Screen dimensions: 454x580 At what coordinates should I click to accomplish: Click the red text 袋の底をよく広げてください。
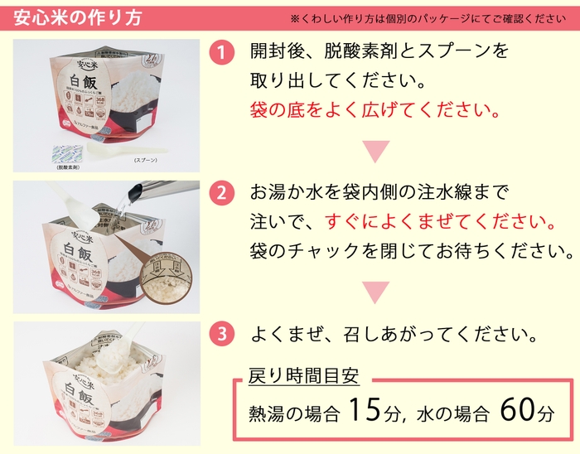tap(375, 110)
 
